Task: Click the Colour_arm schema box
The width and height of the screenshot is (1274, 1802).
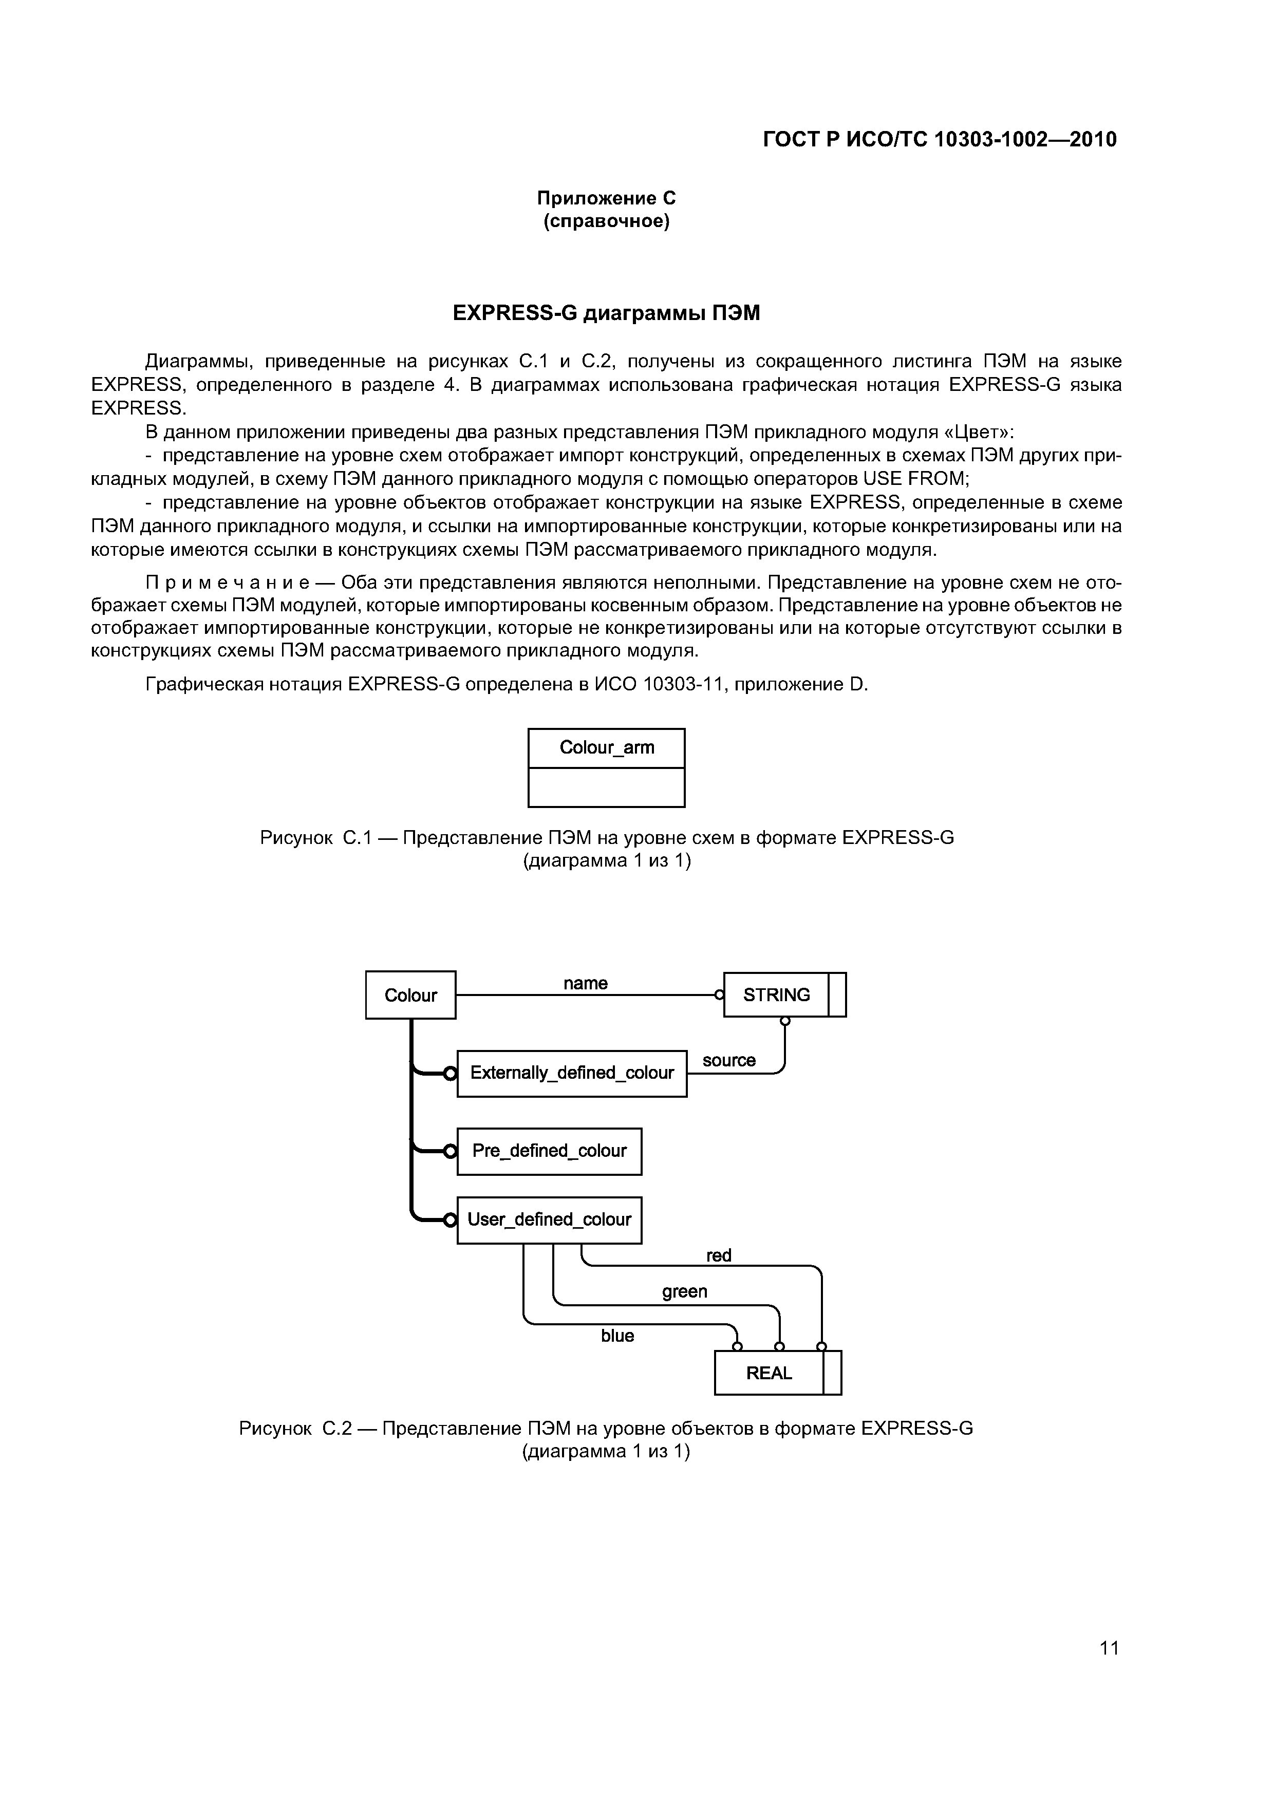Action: click(x=606, y=767)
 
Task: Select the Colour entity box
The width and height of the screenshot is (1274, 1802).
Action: click(x=410, y=994)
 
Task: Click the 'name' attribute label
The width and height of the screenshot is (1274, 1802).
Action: click(x=586, y=983)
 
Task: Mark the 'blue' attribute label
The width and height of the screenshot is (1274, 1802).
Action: click(x=618, y=1336)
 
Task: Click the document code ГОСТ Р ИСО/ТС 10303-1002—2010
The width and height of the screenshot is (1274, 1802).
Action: click(x=940, y=140)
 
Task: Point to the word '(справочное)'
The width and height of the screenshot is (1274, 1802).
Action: click(x=606, y=222)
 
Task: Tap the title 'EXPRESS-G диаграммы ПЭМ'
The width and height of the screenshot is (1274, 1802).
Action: click(x=606, y=313)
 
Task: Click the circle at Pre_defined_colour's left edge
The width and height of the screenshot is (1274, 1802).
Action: click(x=450, y=1151)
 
